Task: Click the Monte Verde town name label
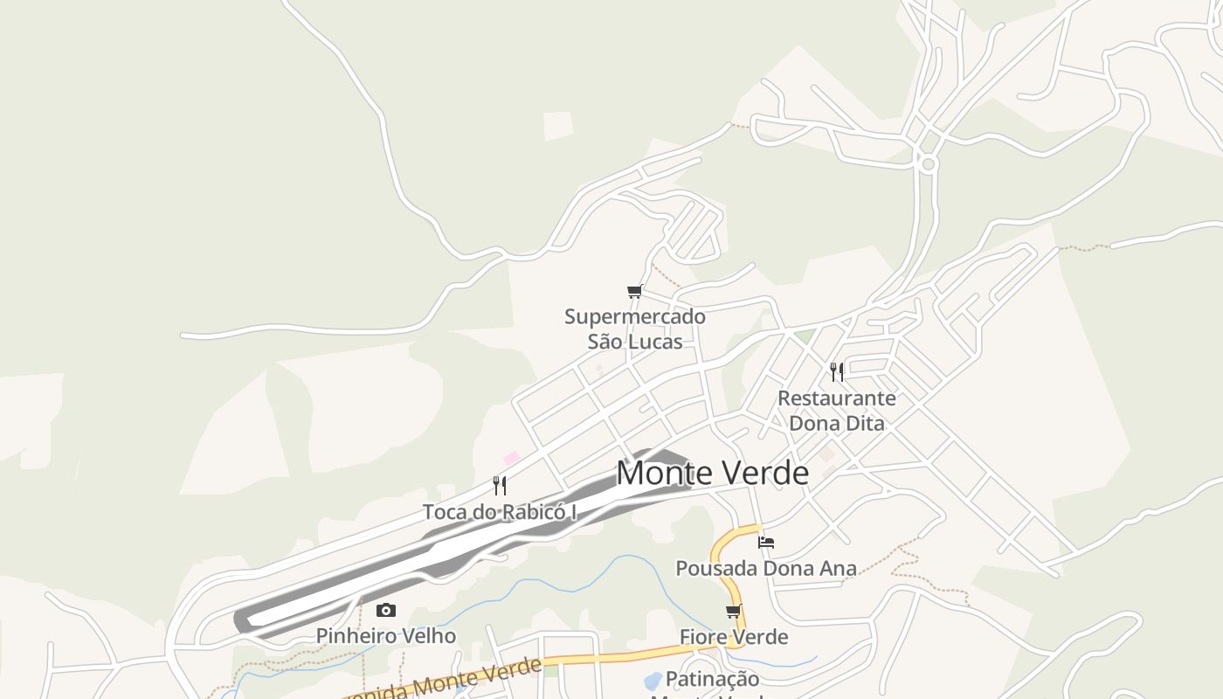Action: pyautogui.click(x=712, y=473)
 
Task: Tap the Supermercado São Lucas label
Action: pyautogui.click(x=635, y=329)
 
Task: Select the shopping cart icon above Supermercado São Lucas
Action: pyautogui.click(x=635, y=292)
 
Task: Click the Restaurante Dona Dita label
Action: pyautogui.click(x=837, y=411)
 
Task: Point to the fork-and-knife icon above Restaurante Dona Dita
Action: pyautogui.click(x=837, y=372)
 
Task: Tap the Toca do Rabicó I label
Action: pyautogui.click(x=500, y=512)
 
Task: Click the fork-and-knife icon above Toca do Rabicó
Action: pyautogui.click(x=500, y=485)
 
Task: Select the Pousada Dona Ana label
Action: pyautogui.click(x=766, y=569)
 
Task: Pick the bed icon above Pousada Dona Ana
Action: pyautogui.click(x=766, y=543)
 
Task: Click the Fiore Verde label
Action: pyautogui.click(x=734, y=637)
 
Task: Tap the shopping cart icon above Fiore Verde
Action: pyautogui.click(x=734, y=612)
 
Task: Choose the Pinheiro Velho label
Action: pyautogui.click(x=386, y=636)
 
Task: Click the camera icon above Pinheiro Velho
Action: pyautogui.click(x=386, y=611)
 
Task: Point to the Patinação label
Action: pyautogui.click(x=712, y=679)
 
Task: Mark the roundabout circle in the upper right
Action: pyautogui.click(x=928, y=163)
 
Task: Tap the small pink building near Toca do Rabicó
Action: pyautogui.click(x=512, y=458)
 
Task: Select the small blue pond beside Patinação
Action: pyautogui.click(x=653, y=680)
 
